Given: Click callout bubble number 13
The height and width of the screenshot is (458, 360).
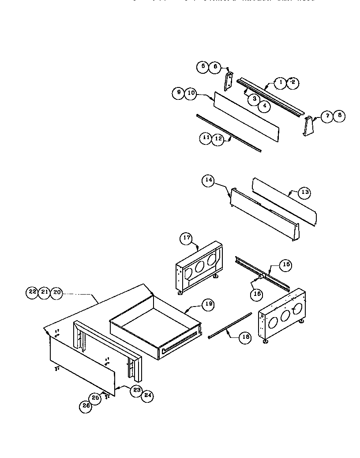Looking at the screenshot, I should tap(304, 192).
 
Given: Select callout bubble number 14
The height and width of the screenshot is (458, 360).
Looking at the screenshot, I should tap(208, 180).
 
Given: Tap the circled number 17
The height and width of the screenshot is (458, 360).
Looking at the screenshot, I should tap(186, 238).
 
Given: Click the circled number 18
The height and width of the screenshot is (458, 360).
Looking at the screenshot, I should tap(245, 337).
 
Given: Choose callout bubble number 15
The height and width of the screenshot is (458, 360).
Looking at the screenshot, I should tap(286, 265).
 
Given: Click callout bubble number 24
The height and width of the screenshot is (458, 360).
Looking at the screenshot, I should tap(147, 396).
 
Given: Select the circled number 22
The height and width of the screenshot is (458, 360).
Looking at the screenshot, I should tap(32, 292).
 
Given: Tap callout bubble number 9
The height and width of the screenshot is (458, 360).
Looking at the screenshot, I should tap(178, 93).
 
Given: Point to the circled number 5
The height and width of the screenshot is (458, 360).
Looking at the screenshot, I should tap(202, 67).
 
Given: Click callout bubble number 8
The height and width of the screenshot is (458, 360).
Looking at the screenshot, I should tap(339, 116).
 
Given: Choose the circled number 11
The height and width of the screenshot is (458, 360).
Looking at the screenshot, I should tap(206, 138).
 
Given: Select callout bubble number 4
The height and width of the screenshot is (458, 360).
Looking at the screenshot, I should tap(264, 106).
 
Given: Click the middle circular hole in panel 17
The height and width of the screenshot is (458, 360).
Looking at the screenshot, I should tap(199, 266).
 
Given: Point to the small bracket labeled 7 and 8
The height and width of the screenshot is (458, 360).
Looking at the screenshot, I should tap(309, 127).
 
